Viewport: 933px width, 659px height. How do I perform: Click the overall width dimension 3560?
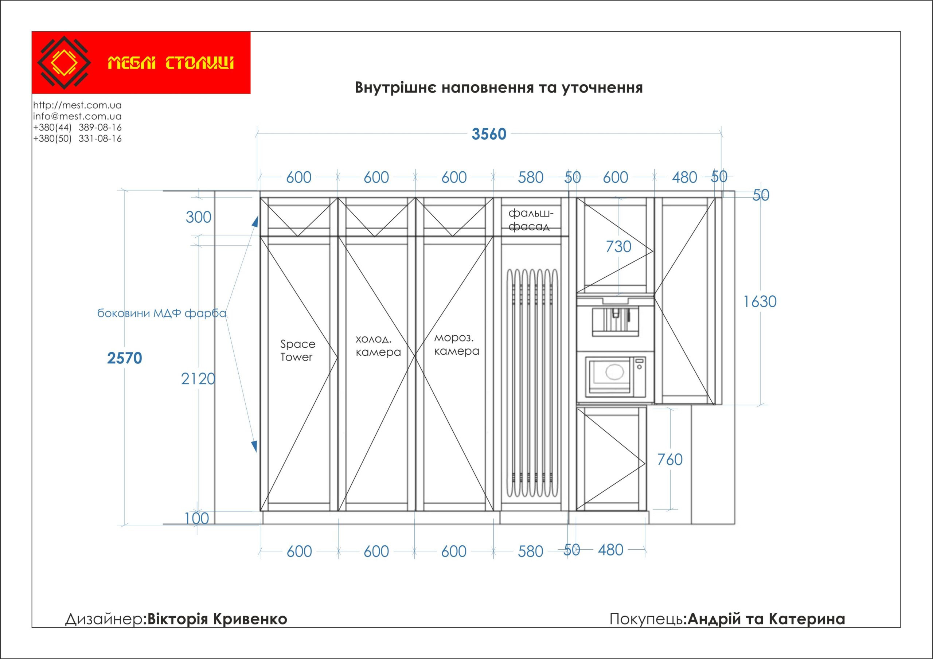(488, 134)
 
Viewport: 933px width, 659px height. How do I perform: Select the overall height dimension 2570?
(124, 358)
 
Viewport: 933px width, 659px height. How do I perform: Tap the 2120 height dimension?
(198, 379)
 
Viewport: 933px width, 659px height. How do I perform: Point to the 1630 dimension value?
(760, 301)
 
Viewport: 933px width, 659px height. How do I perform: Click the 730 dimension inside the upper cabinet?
(618, 247)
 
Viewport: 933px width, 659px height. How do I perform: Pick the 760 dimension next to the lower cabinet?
(670, 460)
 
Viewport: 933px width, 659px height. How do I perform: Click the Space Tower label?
(297, 350)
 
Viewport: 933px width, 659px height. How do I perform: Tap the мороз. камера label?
(456, 344)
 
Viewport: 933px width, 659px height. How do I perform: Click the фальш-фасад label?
(530, 220)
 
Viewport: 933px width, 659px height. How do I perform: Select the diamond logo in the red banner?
(64, 63)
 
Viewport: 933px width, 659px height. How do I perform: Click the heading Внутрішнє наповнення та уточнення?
(499, 88)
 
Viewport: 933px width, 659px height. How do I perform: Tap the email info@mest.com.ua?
(77, 116)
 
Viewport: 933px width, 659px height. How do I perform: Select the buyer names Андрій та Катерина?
(766, 619)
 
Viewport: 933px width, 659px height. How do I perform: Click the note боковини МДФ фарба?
(161, 313)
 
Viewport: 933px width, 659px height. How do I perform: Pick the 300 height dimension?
(198, 217)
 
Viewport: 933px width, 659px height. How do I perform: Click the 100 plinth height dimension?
(197, 518)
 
